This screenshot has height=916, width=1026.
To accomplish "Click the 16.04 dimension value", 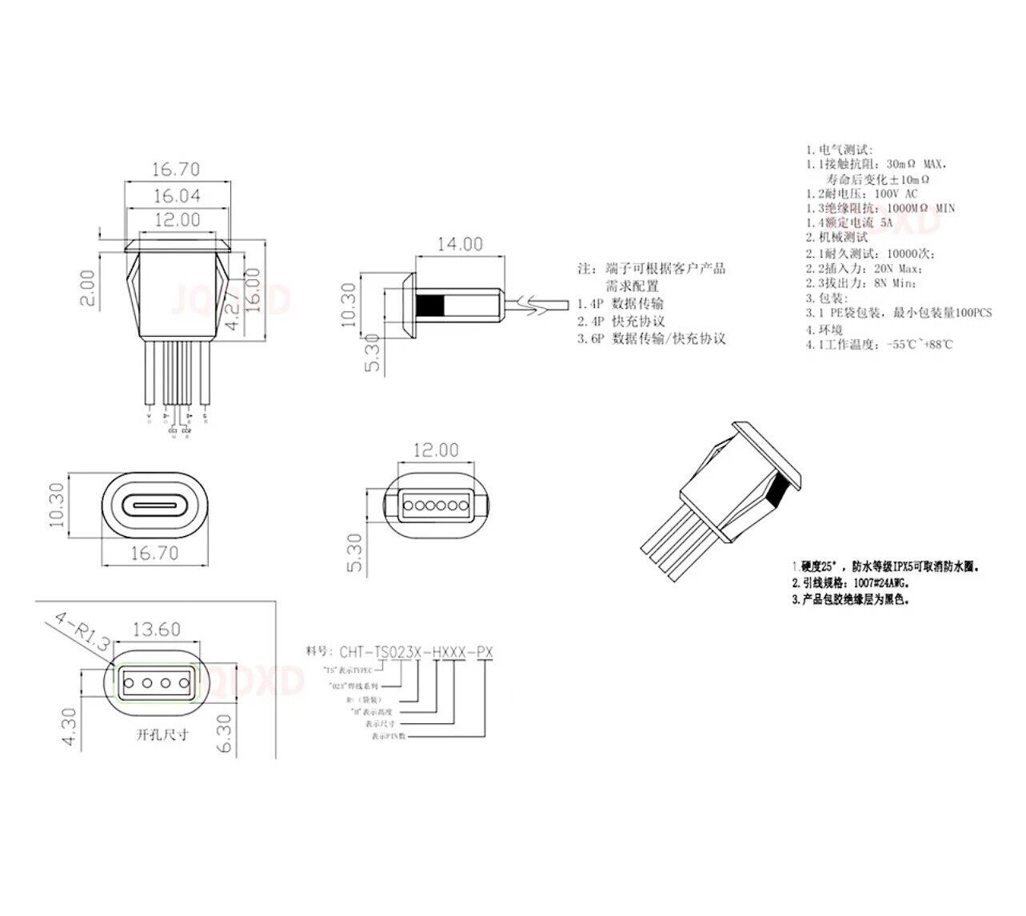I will tap(177, 196).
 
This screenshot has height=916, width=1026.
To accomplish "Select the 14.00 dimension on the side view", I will tap(459, 244).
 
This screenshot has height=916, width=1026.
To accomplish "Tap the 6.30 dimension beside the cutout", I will tap(224, 732).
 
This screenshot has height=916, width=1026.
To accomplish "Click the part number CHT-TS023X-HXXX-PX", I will tap(416, 652).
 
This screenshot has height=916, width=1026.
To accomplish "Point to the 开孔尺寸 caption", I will tap(162, 734).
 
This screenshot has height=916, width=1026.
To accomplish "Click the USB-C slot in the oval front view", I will tap(154, 506).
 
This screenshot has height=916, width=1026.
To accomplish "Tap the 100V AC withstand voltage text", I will tap(896, 194).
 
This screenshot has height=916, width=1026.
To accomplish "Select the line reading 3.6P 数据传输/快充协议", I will tap(651, 338).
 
